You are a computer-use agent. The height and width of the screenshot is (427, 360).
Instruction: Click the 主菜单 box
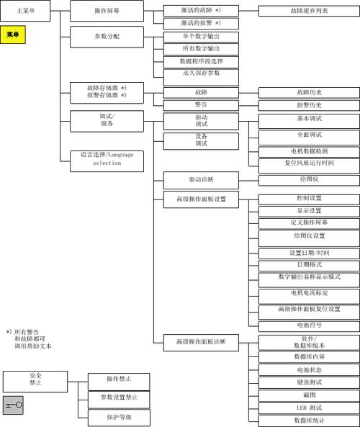pos(25,11)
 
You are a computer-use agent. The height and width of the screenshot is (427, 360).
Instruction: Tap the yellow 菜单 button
pos(13,35)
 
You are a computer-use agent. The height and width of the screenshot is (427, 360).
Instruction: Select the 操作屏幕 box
pos(107,11)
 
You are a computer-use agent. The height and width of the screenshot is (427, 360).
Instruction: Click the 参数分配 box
pos(107,37)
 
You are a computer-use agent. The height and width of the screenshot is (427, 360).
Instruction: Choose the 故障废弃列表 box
pos(309,12)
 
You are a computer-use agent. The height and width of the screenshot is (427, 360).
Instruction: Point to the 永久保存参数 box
pos(202,77)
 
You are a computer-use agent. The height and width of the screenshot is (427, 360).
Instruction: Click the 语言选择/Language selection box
pos(107,161)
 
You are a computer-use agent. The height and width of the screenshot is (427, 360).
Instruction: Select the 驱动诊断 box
pos(202,180)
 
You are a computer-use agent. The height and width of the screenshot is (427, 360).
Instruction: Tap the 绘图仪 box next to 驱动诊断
pos(309,180)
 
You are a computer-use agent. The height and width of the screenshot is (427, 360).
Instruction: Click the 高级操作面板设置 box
pos(202,199)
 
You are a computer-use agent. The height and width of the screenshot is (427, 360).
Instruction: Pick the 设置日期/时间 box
pos(309,253)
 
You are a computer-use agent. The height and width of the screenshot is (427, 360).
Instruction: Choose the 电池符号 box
pos(309,326)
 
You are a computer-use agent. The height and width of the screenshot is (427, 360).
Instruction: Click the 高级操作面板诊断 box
pos(202,343)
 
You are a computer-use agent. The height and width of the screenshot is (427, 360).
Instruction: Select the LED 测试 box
pos(309,408)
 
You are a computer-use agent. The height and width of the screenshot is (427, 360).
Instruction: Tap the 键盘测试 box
pos(309,382)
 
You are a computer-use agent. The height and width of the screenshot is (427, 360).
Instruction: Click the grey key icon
pos(13,405)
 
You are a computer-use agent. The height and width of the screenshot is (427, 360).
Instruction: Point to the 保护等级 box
pos(119,418)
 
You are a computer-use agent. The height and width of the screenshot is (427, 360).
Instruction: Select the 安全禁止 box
pos(35,381)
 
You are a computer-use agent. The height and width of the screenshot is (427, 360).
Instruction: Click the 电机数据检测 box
pos(309,152)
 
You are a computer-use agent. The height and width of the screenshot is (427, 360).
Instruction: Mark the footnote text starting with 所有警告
pos(29,339)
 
